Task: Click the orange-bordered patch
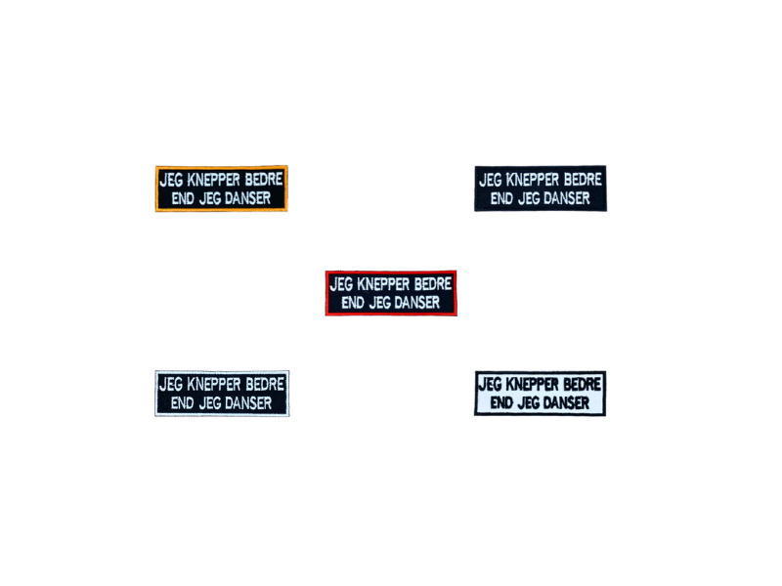[x=221, y=188]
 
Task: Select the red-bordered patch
[x=390, y=292]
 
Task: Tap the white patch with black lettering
[x=540, y=394]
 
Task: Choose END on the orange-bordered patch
[x=183, y=198]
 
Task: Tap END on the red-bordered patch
[x=352, y=303]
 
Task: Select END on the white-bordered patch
[x=183, y=402]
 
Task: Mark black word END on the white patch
[x=501, y=403]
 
